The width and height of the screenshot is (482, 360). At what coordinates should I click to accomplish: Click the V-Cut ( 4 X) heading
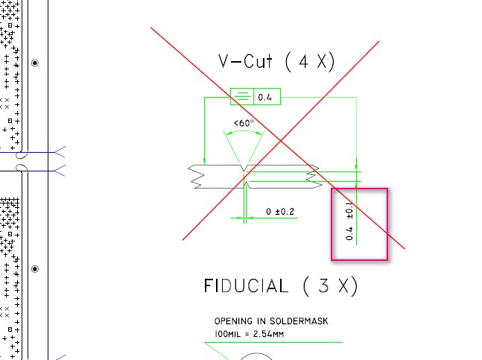click(276, 61)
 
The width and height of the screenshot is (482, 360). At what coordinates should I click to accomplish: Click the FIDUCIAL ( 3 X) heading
click(281, 286)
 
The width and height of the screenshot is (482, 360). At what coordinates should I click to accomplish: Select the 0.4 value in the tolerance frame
click(265, 98)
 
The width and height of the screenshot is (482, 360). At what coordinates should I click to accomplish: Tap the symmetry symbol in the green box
click(242, 97)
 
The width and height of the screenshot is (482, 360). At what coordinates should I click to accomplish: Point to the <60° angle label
click(244, 123)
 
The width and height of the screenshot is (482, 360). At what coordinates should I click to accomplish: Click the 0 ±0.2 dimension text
click(280, 212)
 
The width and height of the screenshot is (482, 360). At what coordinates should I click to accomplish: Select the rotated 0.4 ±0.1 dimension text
click(349, 221)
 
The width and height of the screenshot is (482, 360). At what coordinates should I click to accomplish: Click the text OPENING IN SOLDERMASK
click(271, 321)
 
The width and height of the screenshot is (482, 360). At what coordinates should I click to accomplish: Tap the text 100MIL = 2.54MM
click(249, 334)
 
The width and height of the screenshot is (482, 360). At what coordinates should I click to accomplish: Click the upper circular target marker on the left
click(35, 63)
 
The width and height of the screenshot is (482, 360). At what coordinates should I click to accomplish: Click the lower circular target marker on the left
click(35, 269)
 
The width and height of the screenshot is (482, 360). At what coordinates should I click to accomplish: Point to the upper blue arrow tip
click(54, 152)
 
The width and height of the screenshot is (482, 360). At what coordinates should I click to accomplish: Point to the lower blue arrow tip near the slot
click(54, 171)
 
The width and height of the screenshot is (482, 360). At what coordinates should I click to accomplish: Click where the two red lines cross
click(281, 141)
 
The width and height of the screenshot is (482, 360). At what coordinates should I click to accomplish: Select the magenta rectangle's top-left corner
click(332, 189)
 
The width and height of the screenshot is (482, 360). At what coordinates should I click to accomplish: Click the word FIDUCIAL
click(246, 286)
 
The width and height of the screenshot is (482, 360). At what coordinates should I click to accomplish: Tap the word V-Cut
click(245, 61)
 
